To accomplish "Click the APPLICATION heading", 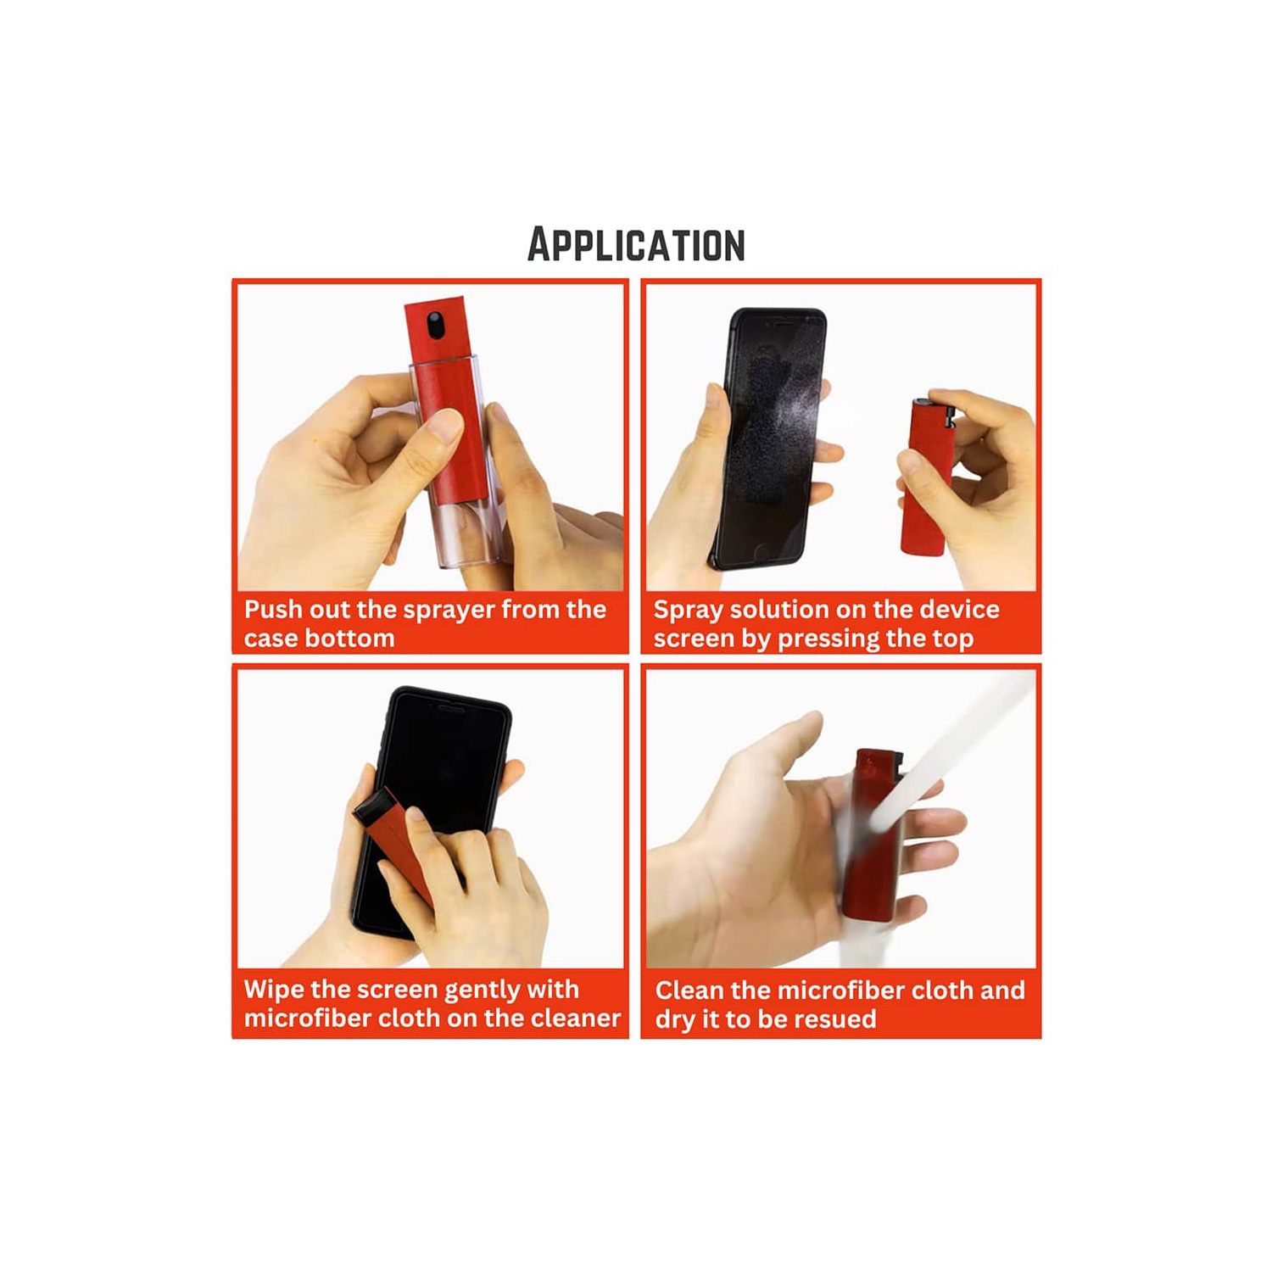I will click(636, 245).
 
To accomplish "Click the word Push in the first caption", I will click(273, 610).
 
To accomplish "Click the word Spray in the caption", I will click(688, 611).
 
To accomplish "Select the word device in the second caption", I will click(959, 610).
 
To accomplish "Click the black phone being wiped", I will click(441, 763).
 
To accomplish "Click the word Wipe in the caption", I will click(274, 990).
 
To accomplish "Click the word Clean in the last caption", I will click(689, 990).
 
